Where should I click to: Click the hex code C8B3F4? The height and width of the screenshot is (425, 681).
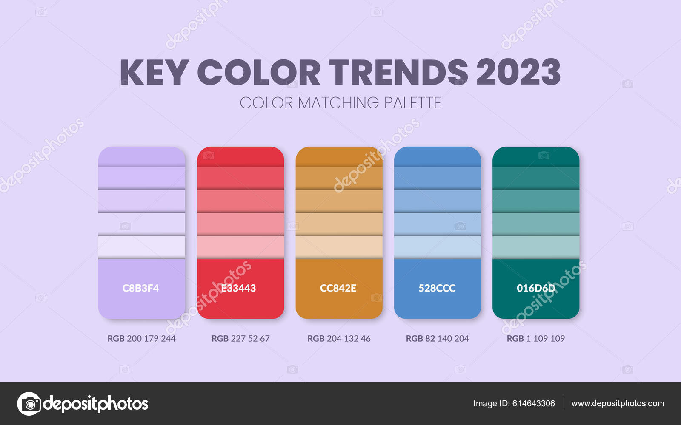click(x=140, y=288)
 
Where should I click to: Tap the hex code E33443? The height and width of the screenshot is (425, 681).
click(x=238, y=288)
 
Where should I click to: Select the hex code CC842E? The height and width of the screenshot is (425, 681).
click(x=338, y=288)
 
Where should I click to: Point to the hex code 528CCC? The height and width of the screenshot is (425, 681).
click(x=437, y=288)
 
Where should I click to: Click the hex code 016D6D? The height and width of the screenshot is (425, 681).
click(x=536, y=288)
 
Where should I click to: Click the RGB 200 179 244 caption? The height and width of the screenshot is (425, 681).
click(x=141, y=338)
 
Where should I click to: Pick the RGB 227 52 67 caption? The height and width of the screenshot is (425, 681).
click(x=240, y=338)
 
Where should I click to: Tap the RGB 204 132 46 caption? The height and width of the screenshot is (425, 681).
click(x=339, y=338)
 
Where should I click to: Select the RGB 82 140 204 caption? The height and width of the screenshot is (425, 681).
click(x=438, y=338)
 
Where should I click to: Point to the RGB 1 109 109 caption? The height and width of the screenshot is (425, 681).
click(x=536, y=338)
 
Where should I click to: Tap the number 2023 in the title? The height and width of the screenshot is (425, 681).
click(x=519, y=72)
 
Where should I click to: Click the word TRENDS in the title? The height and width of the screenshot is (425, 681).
click(x=398, y=72)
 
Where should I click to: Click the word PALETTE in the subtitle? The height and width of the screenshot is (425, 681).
click(x=412, y=102)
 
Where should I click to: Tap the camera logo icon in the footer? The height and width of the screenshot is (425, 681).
click(x=29, y=404)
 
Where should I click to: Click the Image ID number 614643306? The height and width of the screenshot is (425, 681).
click(x=534, y=403)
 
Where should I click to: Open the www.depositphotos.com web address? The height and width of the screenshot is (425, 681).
click(x=618, y=403)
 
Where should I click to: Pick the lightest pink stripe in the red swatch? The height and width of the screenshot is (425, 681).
click(x=240, y=247)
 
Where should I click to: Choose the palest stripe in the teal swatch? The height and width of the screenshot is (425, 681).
click(x=536, y=247)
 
